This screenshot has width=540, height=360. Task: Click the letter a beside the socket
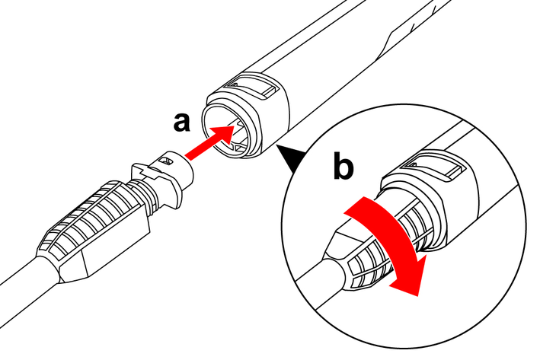click(x=181, y=121)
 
